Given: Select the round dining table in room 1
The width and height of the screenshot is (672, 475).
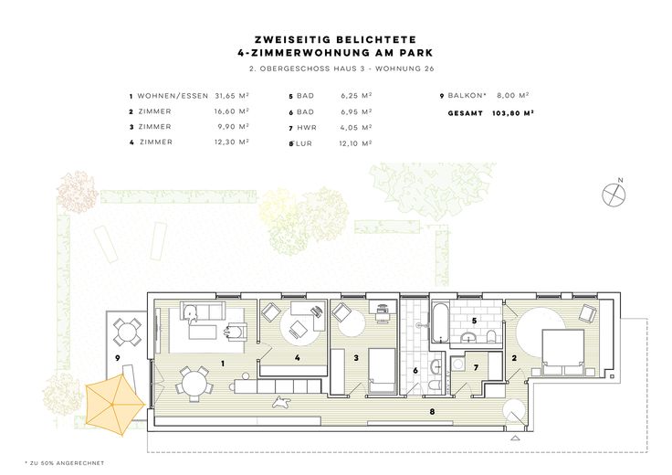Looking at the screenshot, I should click(x=194, y=384).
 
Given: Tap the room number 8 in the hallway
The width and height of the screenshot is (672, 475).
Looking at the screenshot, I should click(x=432, y=411).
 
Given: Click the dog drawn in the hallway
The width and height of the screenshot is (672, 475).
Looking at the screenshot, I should click(x=280, y=403).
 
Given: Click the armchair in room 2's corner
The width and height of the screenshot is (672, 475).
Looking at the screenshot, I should click(x=586, y=313).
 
